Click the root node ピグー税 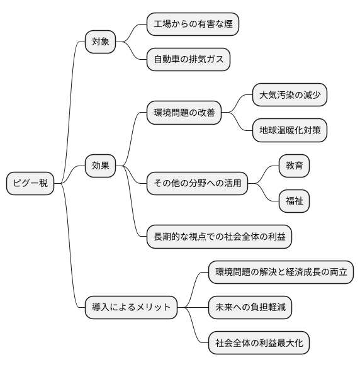point(30,184)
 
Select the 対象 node point(101,42)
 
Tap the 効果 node point(101,166)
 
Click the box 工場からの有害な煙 point(193,25)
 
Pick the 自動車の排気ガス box point(188,60)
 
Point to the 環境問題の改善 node point(184,113)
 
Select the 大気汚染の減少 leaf point(289,95)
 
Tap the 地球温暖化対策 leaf point(289,130)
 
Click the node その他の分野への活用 point(198,184)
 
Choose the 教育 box point(294,166)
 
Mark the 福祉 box point(294,201)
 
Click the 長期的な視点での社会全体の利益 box point(218,237)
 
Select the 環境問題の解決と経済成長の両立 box point(281,272)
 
